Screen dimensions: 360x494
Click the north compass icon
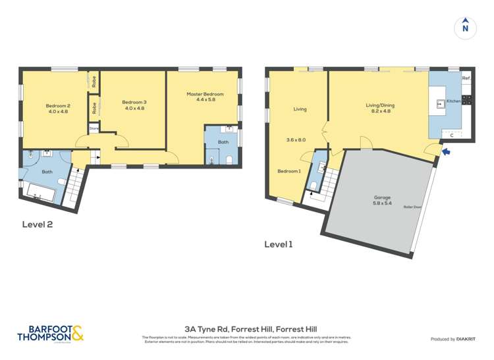(465, 27)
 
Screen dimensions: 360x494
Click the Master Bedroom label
(205, 94)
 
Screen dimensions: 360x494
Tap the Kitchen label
(454, 101)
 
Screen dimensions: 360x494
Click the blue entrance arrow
(448, 153)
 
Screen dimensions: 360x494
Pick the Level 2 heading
(37, 224)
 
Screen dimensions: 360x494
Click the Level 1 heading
(278, 244)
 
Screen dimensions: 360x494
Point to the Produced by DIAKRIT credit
(453, 339)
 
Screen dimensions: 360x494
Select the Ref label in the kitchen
(466, 78)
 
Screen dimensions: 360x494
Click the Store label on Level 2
(94, 128)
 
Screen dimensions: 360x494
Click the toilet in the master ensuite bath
(228, 160)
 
